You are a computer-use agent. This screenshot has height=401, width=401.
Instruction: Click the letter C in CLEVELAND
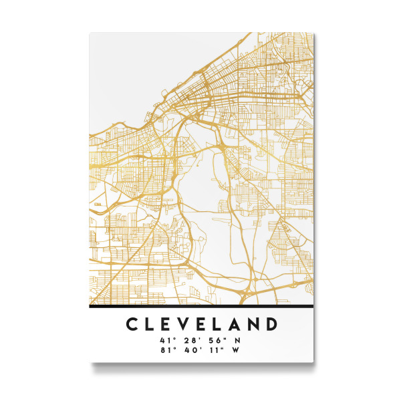[x=132, y=324]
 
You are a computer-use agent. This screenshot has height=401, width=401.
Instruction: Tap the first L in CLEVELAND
[x=152, y=324]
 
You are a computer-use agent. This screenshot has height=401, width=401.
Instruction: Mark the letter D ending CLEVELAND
[x=272, y=324]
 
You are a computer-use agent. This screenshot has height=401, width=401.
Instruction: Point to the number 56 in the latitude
[x=213, y=341]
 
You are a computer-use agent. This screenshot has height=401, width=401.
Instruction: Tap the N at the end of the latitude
[x=237, y=341]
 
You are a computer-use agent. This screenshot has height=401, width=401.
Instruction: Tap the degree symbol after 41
[x=173, y=339]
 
